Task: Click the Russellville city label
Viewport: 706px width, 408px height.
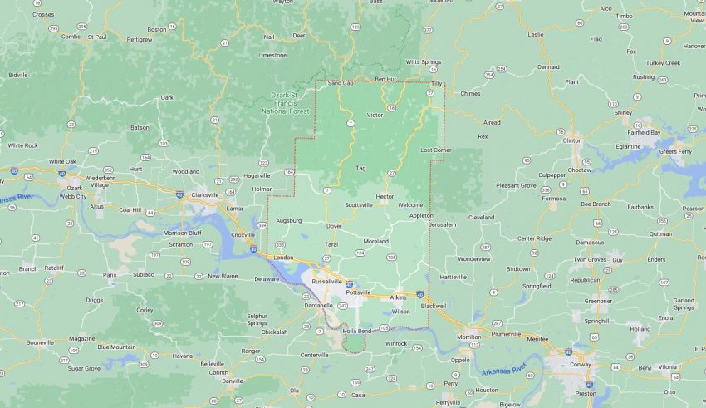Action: click(326, 282)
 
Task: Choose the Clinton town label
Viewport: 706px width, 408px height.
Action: click(572, 140)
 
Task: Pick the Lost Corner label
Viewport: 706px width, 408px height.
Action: click(435, 150)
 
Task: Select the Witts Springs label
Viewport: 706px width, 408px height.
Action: click(424, 62)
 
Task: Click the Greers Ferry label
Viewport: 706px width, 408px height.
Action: click(675, 152)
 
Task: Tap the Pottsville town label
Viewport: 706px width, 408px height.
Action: click(358, 293)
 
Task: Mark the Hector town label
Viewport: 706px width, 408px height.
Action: click(385, 196)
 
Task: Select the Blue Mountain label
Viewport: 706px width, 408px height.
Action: click(116, 347)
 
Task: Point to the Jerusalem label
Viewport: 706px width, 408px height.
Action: click(443, 224)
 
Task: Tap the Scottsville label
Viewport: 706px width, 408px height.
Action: click(360, 204)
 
